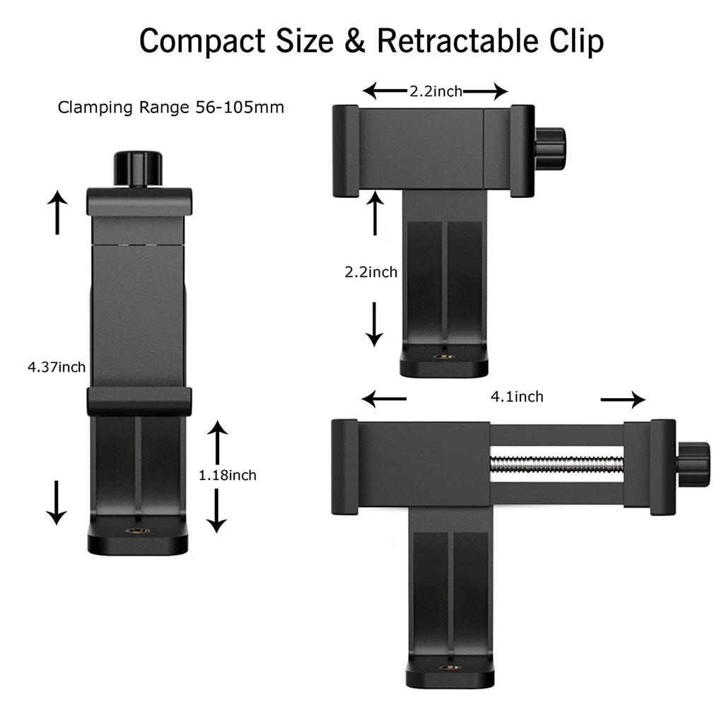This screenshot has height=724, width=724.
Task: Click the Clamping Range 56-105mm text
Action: (171, 107)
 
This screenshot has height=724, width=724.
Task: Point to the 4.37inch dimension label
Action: (57, 367)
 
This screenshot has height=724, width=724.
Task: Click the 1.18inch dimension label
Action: (228, 475)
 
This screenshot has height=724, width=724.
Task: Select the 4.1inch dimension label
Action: (518, 397)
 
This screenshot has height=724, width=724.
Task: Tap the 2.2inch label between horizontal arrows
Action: (436, 91)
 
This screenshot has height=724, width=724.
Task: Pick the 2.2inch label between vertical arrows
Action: (371, 271)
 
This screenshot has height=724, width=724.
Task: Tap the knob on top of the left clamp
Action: (138, 168)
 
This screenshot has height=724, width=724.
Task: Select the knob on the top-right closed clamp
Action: (549, 148)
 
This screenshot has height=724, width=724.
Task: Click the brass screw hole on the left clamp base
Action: (138, 530)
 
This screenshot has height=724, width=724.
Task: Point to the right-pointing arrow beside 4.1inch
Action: (623, 400)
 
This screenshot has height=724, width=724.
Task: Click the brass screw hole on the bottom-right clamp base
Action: (448, 666)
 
